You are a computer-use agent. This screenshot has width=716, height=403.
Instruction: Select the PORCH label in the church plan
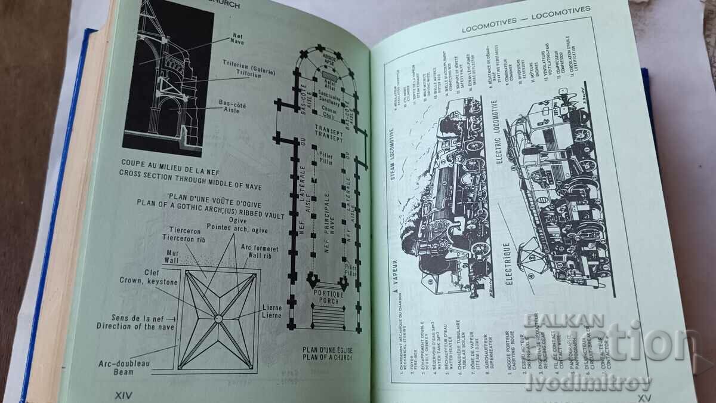[x=325, y=300]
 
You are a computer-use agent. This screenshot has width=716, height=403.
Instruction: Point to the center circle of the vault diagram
[x=218, y=318]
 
